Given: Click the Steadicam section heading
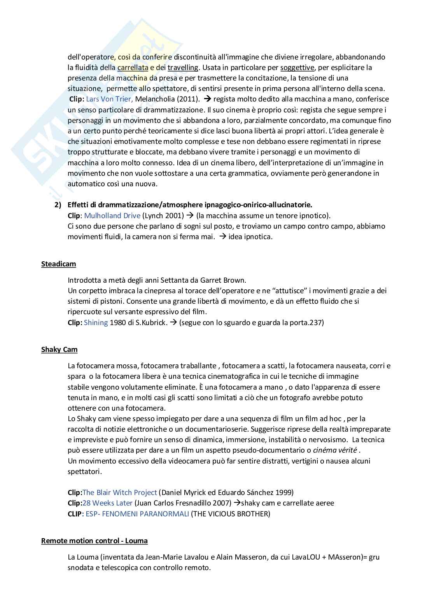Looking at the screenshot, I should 58,264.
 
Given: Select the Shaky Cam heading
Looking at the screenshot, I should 59,350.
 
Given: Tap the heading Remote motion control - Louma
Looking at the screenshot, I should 94,541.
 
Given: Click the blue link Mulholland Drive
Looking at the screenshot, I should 112,216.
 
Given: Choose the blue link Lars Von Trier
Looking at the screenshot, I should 109,99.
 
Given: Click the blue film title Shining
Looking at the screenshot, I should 96,322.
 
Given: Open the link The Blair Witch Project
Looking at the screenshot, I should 120,492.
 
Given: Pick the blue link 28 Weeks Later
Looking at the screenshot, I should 107,503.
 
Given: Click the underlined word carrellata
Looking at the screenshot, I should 133,68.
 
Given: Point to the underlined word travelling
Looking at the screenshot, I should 183,68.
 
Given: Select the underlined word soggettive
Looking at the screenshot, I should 297,68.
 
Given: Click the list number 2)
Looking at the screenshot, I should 58,205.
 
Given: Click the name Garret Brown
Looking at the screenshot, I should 223,280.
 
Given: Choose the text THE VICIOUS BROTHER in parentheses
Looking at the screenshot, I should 230,514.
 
